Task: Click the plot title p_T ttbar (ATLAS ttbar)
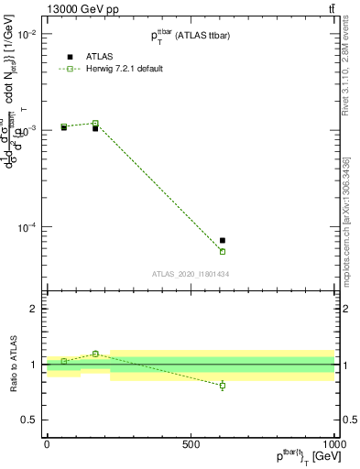click(x=191, y=36)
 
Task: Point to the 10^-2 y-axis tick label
click(x=25, y=34)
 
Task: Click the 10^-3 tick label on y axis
click(x=25, y=130)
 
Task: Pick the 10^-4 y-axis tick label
click(x=25, y=227)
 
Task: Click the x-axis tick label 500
click(x=191, y=444)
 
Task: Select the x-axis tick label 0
click(x=47, y=444)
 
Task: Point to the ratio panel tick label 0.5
click(x=27, y=420)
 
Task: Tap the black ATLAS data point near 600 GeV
click(x=223, y=240)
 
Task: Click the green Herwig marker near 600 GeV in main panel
click(x=223, y=251)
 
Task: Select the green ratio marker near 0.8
click(x=223, y=386)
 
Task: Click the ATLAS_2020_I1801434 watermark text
click(x=190, y=274)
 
